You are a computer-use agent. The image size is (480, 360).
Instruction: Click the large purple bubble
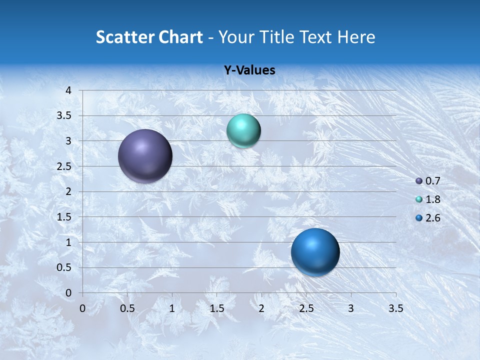tap(145, 156)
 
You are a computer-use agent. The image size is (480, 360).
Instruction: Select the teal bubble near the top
tap(243, 131)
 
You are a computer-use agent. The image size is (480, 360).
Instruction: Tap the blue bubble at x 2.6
tap(315, 252)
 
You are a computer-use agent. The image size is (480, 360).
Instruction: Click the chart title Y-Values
tap(249, 70)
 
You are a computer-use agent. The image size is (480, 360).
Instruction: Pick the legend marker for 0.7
tap(419, 181)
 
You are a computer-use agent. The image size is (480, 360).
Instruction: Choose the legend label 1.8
tap(432, 199)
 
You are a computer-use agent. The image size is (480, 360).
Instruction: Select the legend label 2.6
tap(432, 218)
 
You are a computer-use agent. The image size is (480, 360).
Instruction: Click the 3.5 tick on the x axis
tap(395, 308)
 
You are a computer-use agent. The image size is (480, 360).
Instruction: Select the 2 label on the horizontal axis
tap(261, 308)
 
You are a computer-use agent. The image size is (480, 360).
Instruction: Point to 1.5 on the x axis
tap(216, 308)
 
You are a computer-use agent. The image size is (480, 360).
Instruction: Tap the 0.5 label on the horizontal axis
tap(127, 308)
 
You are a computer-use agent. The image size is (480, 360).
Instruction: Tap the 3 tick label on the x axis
tap(351, 308)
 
